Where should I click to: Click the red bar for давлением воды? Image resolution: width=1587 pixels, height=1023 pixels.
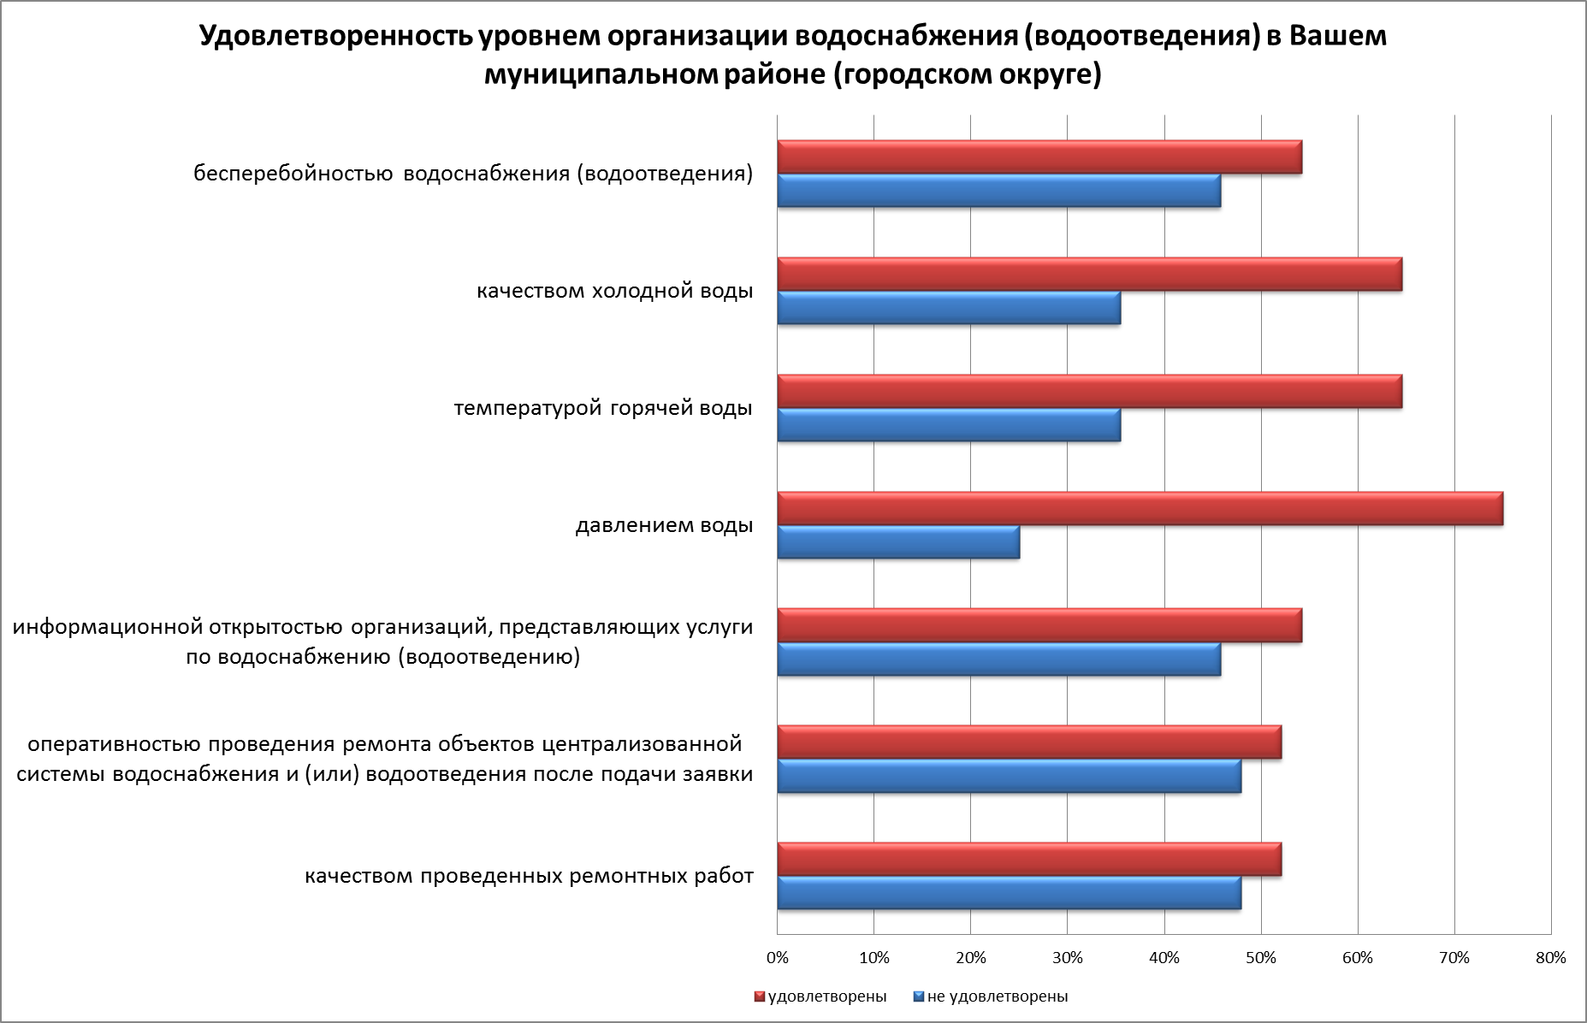(x=1140, y=509)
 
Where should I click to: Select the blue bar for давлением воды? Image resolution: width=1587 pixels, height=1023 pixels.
(x=898, y=542)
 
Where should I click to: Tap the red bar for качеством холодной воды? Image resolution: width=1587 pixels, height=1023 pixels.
(x=1089, y=274)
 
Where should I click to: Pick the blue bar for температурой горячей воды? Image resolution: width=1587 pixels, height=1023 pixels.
(x=949, y=425)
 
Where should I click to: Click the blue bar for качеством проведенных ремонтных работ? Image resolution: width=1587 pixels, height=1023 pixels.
(x=1009, y=893)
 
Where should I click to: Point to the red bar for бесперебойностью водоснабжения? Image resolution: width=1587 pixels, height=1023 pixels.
(x=1039, y=157)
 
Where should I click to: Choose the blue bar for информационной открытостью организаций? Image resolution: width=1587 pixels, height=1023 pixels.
(x=998, y=659)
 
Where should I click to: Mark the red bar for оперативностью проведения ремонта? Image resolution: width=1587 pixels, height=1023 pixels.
(x=1029, y=742)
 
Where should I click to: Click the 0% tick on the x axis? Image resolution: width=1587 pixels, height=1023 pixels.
(x=777, y=958)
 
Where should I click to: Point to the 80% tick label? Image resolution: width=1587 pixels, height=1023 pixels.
(x=1551, y=958)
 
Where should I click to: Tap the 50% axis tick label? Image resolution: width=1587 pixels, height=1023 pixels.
(x=1261, y=958)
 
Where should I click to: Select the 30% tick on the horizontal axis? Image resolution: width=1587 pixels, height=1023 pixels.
(x=1067, y=958)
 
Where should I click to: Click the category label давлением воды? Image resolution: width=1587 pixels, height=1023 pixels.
(x=664, y=525)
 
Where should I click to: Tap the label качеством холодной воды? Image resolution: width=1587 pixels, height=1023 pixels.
(x=614, y=291)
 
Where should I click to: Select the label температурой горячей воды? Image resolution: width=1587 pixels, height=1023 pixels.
(x=603, y=408)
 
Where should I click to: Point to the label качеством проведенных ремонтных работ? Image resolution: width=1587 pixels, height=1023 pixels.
(x=529, y=876)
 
